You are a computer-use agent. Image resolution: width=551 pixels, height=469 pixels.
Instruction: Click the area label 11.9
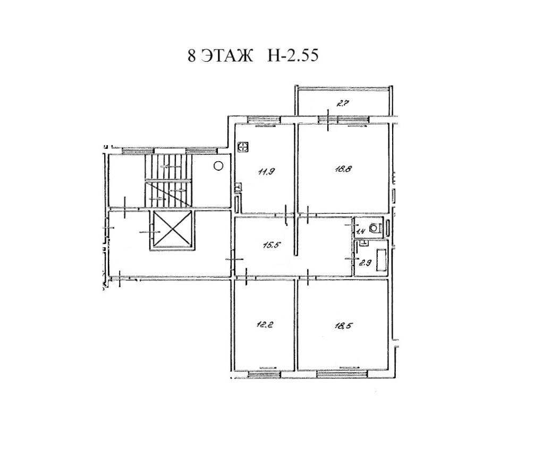point(267,172)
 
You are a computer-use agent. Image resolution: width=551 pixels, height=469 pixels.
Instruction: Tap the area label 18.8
point(343,169)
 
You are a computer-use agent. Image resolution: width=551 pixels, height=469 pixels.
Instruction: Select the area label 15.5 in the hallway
point(273,245)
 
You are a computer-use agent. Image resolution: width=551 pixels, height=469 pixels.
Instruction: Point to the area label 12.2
point(265,324)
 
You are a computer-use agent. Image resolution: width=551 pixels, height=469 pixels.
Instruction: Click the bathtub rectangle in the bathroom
point(382,260)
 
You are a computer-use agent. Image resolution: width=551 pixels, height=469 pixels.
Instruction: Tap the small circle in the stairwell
point(218,165)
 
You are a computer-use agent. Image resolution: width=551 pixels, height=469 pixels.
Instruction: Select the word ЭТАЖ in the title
point(227,55)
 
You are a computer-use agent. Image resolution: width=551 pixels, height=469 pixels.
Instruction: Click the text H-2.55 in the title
point(293,55)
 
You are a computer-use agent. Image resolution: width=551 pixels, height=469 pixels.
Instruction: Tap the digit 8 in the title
point(191,56)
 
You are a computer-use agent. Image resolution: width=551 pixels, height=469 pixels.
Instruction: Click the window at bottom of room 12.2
point(264,374)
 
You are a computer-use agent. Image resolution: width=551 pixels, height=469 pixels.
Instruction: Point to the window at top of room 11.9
point(264,120)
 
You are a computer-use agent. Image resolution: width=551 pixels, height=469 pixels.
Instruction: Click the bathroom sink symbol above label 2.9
point(364,242)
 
